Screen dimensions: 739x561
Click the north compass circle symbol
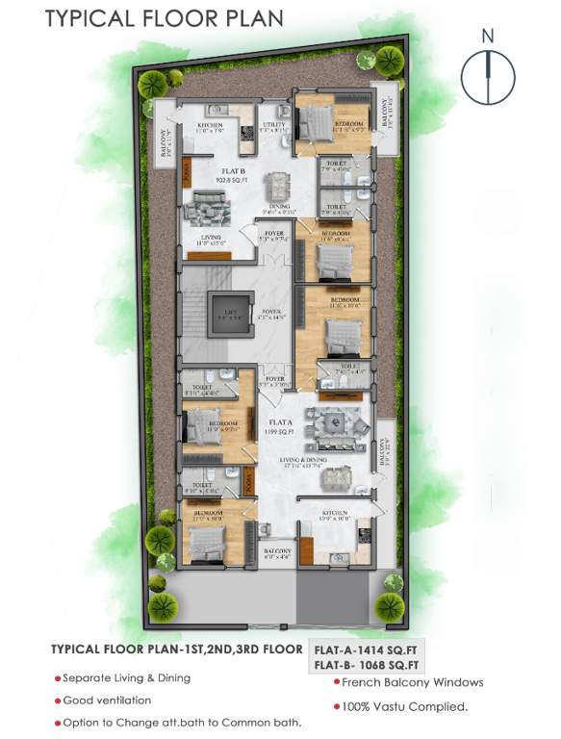pos(489,73)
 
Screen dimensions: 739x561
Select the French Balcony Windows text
pos(413,682)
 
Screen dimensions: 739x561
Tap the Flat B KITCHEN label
pos(211,124)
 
